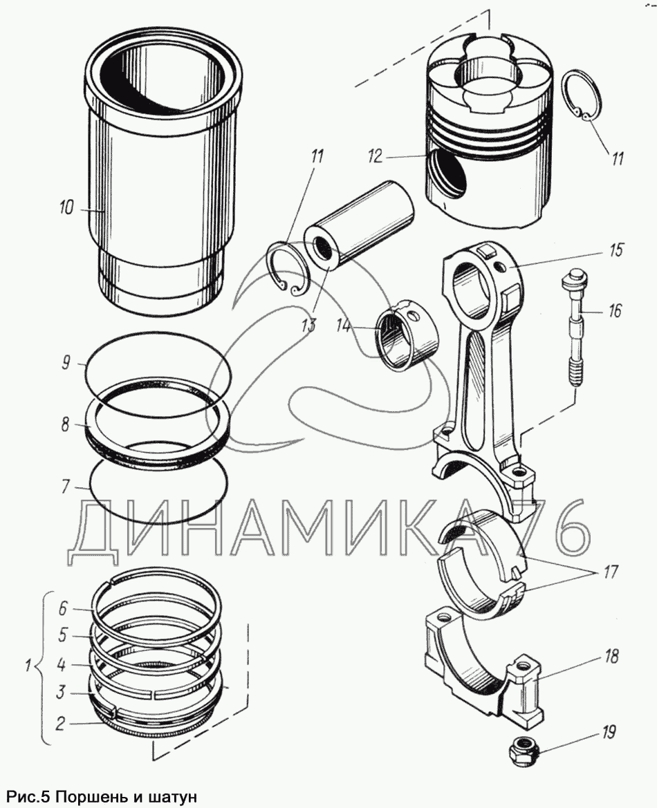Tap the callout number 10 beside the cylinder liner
67,208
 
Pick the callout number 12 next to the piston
374,157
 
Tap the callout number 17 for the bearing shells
609,573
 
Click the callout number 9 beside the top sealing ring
65,363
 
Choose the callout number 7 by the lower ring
65,487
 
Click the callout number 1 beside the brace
28,667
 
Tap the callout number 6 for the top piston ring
62,608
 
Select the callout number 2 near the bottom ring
61,724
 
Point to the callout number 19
608,732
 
